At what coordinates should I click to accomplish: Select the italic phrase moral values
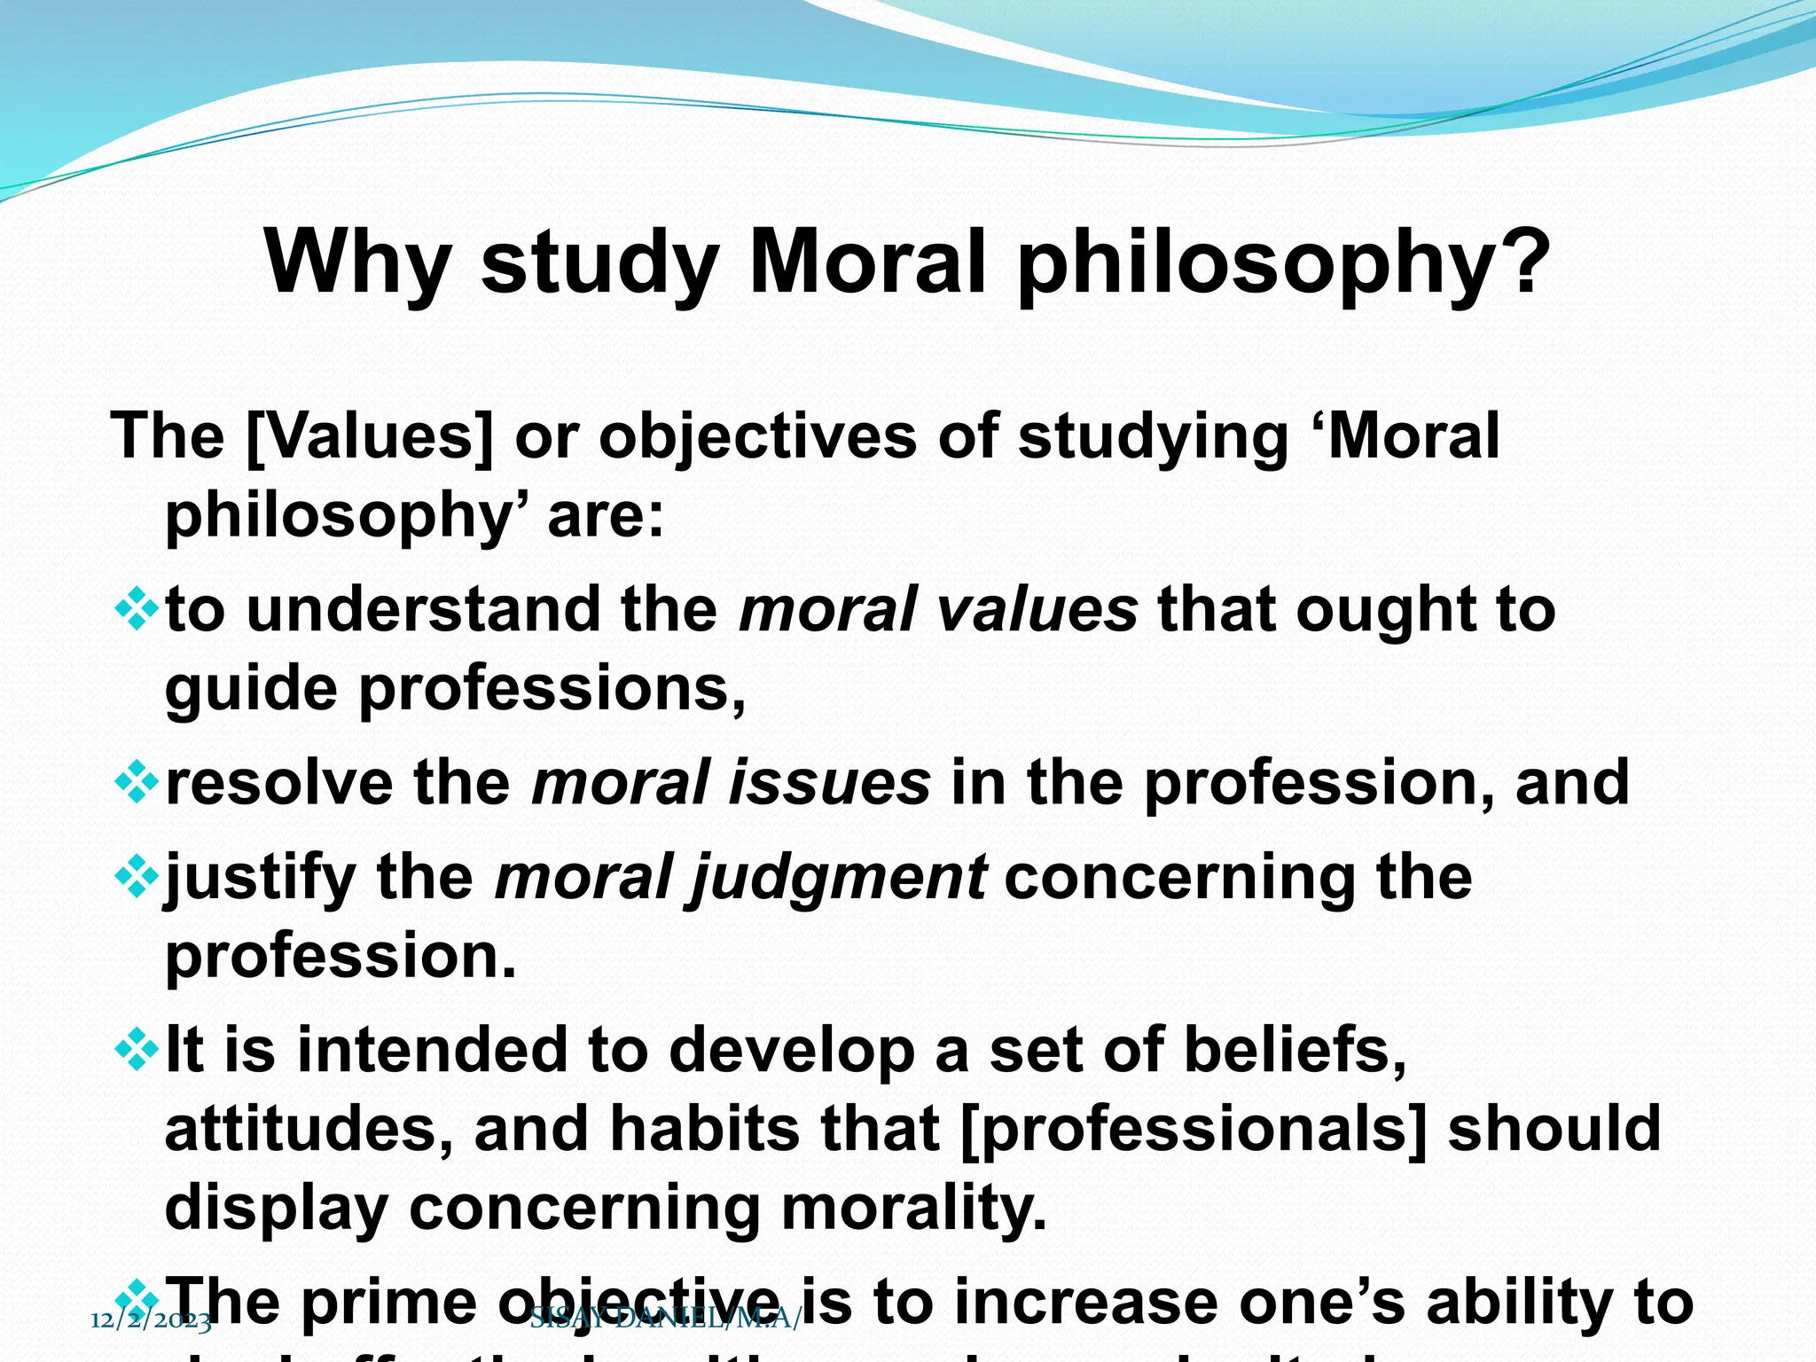[938, 610]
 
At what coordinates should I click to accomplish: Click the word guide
[251, 690]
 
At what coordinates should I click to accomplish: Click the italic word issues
[828, 782]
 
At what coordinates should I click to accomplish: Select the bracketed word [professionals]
[1194, 1129]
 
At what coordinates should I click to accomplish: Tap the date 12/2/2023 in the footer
[151, 1321]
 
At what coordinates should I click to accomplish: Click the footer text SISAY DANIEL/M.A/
[665, 1319]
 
